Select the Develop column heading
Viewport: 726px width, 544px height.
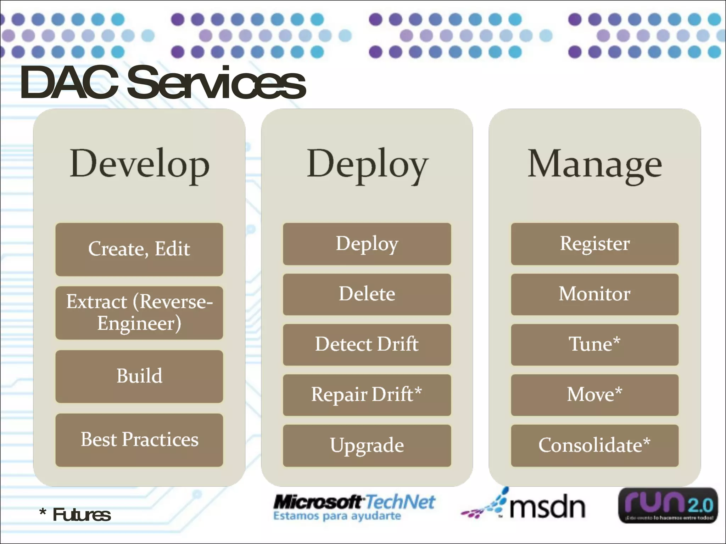point(139,164)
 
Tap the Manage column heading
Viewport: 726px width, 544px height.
point(594,164)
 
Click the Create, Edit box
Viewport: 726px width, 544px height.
point(139,249)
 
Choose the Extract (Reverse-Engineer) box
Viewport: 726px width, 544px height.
point(139,313)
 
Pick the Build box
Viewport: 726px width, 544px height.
point(139,376)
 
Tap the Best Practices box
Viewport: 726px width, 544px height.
point(139,440)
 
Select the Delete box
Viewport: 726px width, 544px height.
point(367,294)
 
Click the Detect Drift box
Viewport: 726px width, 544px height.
point(367,344)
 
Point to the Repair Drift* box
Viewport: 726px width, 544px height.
point(367,395)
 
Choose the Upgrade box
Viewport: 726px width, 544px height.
point(367,445)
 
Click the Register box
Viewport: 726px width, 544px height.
point(594,244)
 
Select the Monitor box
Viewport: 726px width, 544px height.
point(594,294)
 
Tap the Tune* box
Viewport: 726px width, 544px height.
point(594,344)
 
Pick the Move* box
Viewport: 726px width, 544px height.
point(594,395)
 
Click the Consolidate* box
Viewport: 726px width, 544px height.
point(594,445)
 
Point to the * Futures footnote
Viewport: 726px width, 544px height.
point(75,514)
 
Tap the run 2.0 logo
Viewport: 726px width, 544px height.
point(668,505)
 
